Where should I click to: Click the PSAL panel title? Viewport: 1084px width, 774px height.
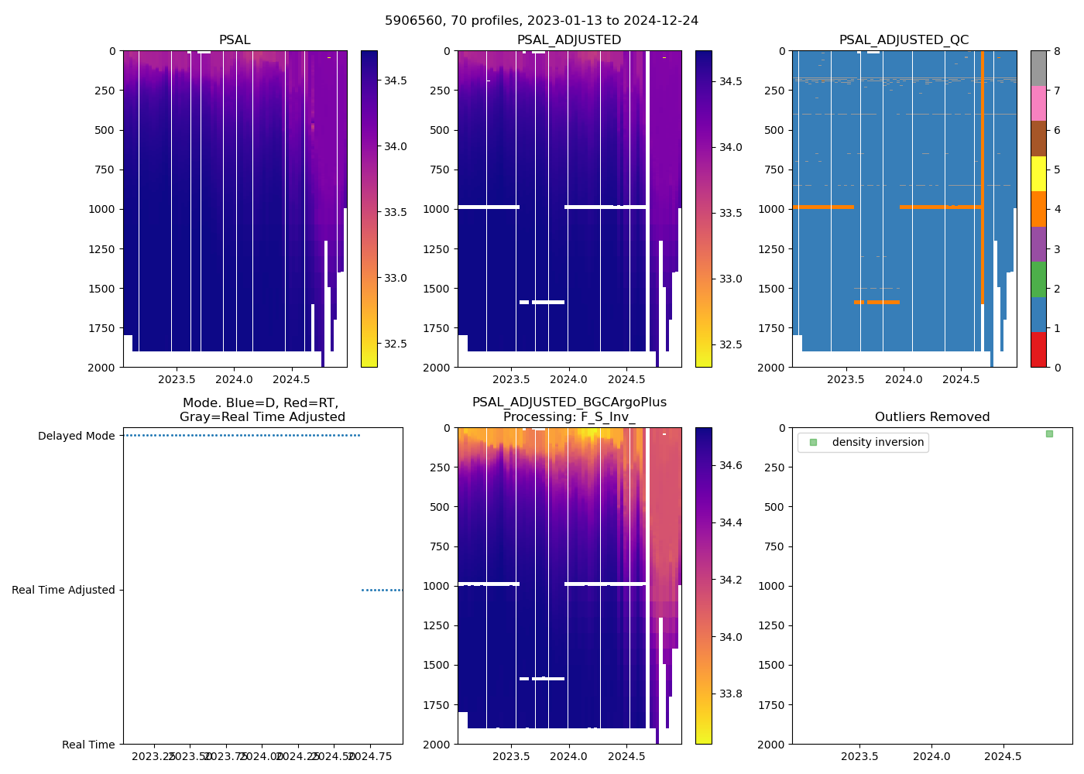pos(235,40)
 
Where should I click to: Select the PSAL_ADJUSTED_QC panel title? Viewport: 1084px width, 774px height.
pos(904,40)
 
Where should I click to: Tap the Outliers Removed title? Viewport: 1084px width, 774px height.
pos(932,417)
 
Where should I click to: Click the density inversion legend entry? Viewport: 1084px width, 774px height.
pos(877,443)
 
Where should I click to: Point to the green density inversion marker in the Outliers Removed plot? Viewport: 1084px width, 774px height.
pos(1049,433)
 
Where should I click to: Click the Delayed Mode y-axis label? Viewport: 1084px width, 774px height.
pos(76,437)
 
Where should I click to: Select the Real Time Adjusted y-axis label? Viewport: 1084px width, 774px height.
pos(63,591)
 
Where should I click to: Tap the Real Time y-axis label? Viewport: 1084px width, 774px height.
pos(88,745)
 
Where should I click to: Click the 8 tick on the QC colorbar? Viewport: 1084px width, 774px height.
pos(1057,51)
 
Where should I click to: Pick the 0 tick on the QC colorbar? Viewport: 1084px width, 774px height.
pos(1057,368)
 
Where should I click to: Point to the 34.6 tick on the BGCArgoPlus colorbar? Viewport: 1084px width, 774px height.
pos(730,465)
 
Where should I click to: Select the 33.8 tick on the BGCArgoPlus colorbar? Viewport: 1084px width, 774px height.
pos(730,694)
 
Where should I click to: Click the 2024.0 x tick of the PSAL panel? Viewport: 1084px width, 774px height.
pos(234,379)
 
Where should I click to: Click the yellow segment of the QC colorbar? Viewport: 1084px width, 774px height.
pos(1038,173)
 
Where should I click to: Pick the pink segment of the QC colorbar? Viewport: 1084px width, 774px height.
pos(1038,103)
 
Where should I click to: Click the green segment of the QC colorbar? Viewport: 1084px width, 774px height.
pos(1038,279)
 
